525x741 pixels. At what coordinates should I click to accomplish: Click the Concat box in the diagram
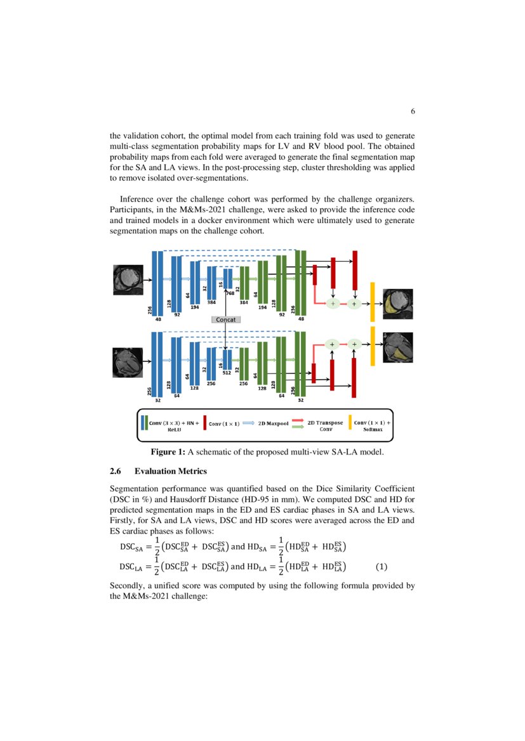point(225,319)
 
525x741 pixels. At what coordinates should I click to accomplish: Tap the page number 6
point(413,112)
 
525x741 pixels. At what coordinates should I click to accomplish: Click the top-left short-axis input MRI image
point(129,280)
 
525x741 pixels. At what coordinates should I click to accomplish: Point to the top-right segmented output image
point(398,301)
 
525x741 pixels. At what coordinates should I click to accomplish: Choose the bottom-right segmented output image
point(398,347)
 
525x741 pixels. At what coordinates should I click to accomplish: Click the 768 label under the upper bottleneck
point(230,294)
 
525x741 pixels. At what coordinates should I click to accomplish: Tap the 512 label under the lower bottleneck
point(227,373)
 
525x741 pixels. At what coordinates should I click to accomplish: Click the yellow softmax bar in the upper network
point(373,302)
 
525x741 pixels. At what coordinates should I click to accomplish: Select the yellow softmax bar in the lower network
point(373,346)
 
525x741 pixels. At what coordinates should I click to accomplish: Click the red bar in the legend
point(204,423)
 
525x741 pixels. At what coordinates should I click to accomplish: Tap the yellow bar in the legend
point(349,423)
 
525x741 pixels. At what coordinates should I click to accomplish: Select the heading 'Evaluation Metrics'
point(171,472)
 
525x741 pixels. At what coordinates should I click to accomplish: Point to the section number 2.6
point(116,472)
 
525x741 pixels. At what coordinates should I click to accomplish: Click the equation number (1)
point(382,567)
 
